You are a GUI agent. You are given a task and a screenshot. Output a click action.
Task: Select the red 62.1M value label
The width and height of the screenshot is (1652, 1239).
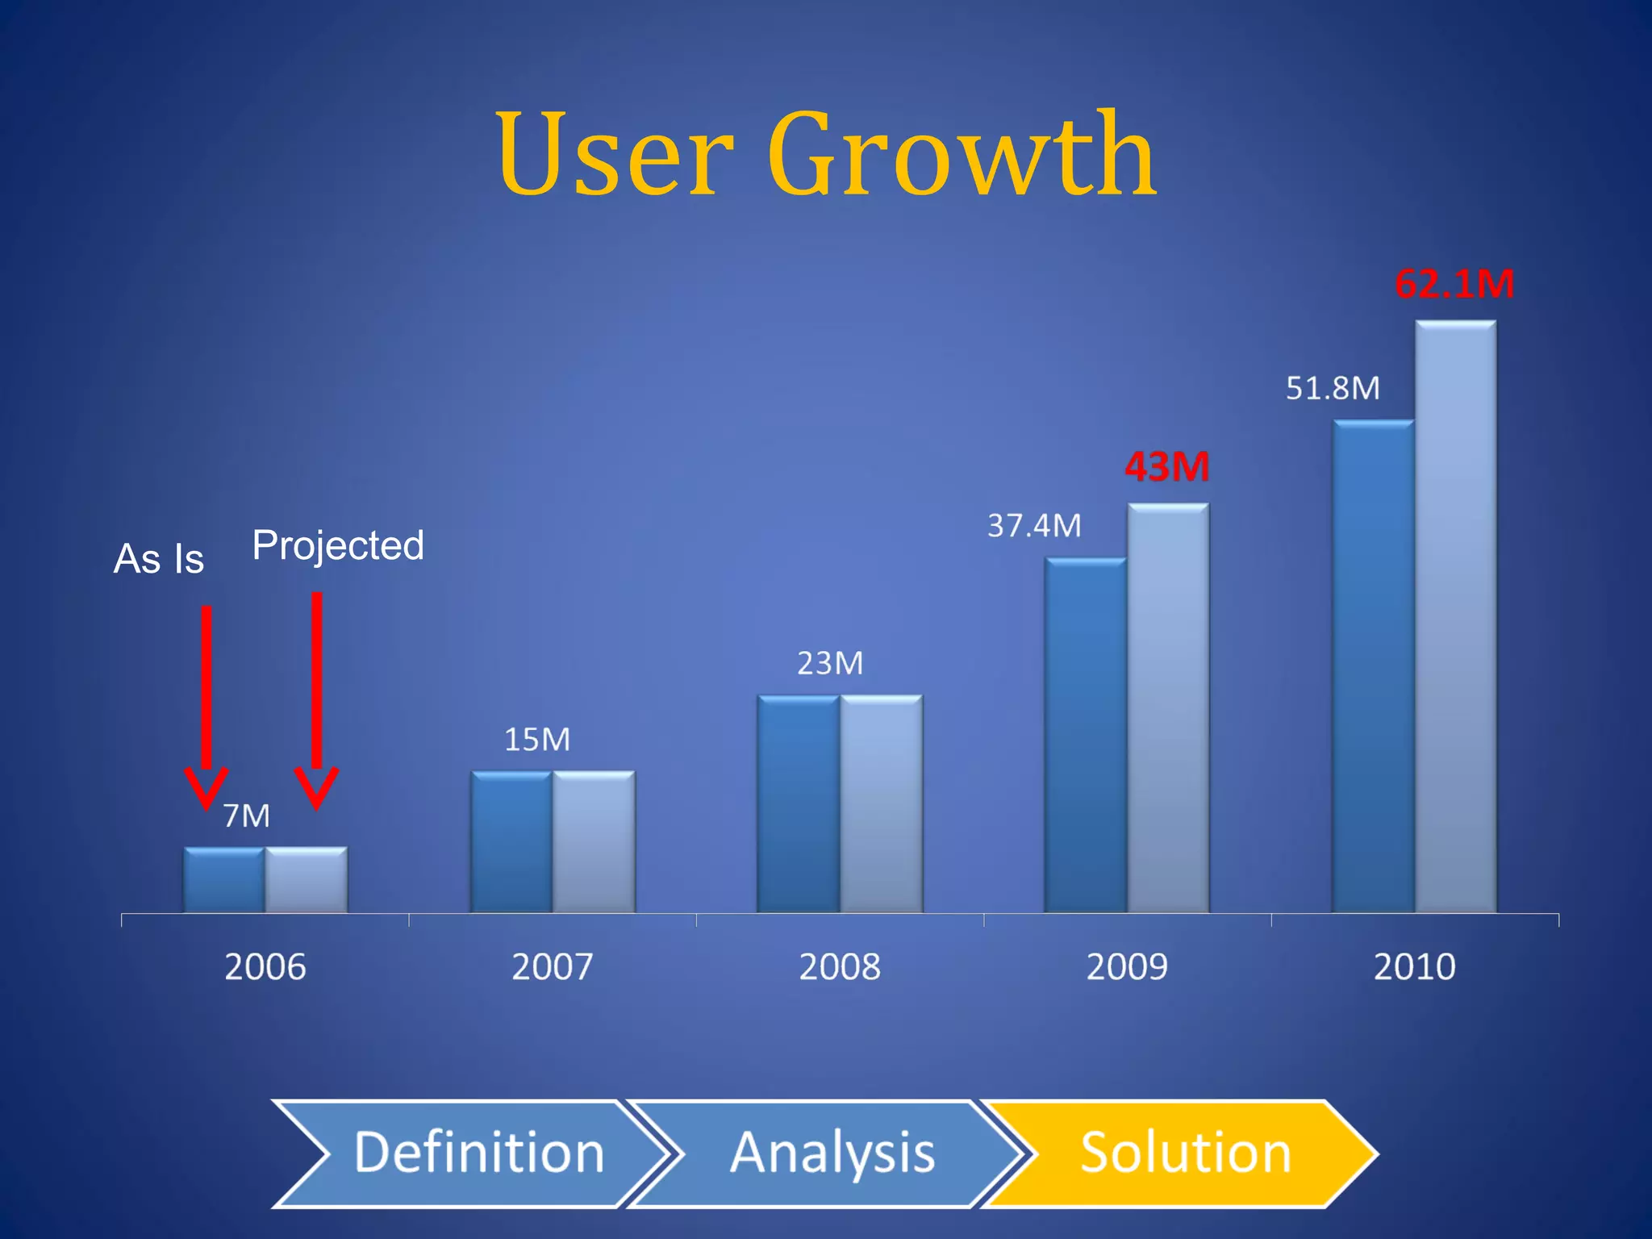click(x=1454, y=284)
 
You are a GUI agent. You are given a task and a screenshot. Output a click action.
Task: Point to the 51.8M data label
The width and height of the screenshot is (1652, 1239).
click(x=1333, y=389)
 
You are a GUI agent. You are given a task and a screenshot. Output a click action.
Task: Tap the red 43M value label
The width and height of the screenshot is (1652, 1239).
click(x=1167, y=467)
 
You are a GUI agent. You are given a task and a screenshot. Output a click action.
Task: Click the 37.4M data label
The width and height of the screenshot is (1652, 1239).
click(x=1034, y=526)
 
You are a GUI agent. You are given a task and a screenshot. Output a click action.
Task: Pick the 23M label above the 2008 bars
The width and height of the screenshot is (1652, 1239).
click(x=830, y=663)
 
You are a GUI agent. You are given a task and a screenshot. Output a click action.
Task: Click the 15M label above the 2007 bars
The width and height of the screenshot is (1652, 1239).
click(x=537, y=740)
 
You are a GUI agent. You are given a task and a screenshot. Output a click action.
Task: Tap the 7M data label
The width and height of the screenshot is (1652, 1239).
click(x=246, y=816)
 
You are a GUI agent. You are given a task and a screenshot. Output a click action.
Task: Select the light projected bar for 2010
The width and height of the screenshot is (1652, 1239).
click(x=1455, y=617)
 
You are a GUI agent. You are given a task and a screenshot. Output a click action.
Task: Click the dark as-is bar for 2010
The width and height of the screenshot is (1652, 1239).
click(x=1373, y=666)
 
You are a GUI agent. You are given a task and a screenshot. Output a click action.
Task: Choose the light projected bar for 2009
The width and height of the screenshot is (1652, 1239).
click(x=1168, y=708)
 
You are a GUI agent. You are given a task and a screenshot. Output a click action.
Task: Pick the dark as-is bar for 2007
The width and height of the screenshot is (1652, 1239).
click(x=511, y=842)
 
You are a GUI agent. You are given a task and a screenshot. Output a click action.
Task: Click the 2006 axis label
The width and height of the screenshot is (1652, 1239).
click(x=265, y=966)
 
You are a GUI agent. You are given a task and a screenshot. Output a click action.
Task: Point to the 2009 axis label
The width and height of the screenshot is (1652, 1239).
click(x=1127, y=966)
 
